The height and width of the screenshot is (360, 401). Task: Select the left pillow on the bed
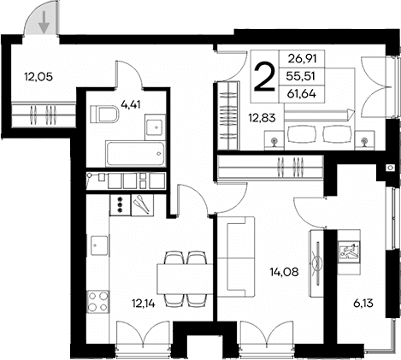pos(301,133)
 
